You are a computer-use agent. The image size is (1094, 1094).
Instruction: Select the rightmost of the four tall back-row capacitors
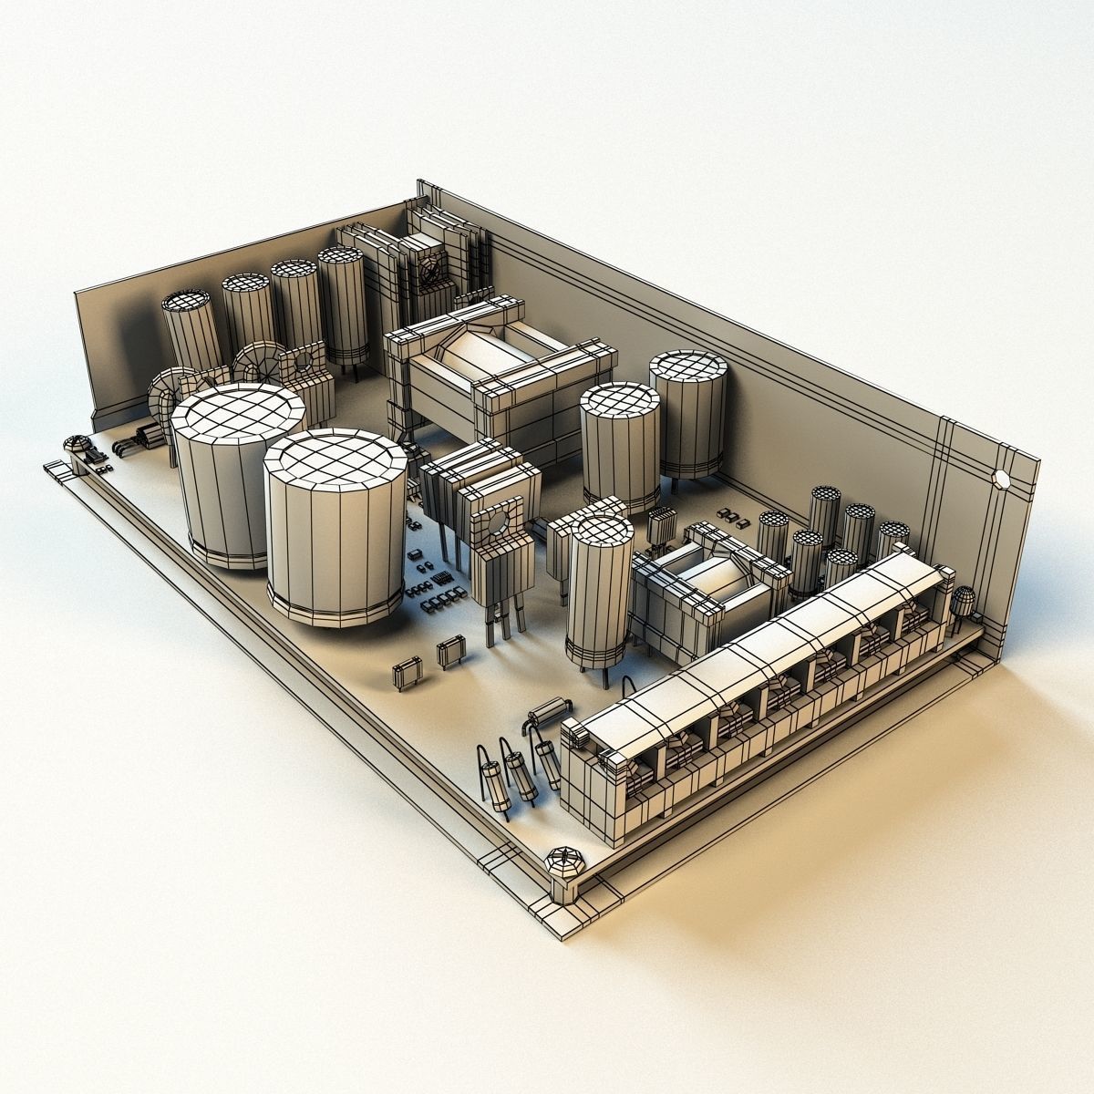tap(342, 261)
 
